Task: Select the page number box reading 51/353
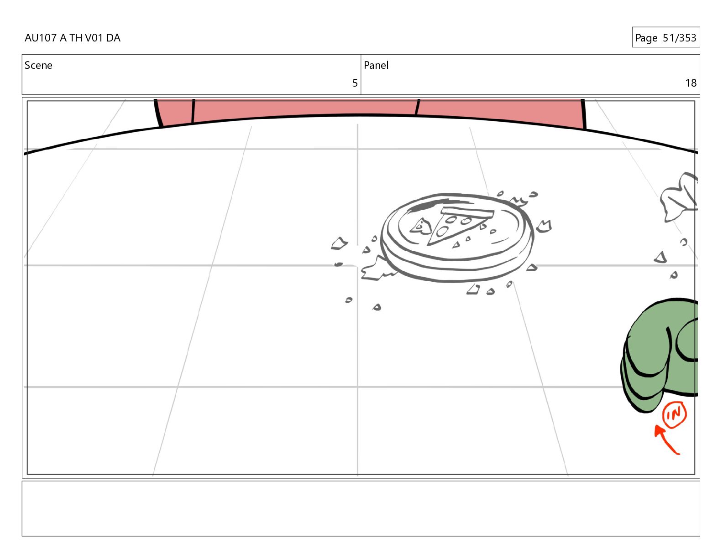(x=666, y=37)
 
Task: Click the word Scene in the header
(x=38, y=65)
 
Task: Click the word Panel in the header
(x=376, y=65)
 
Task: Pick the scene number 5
(x=355, y=83)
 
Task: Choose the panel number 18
(x=691, y=83)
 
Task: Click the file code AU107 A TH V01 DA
(x=73, y=38)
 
